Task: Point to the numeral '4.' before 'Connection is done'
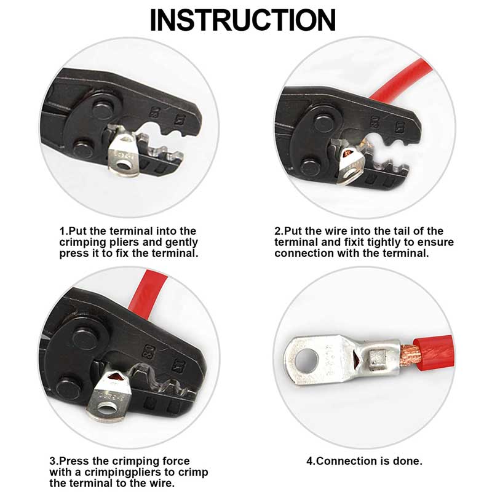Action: coord(310,461)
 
